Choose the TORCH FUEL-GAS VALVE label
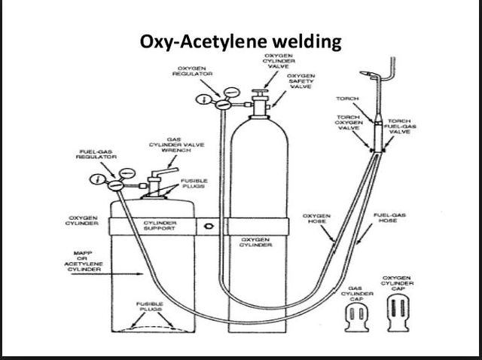(x=398, y=126)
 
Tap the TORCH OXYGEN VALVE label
(x=347, y=123)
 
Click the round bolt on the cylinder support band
(x=206, y=225)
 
